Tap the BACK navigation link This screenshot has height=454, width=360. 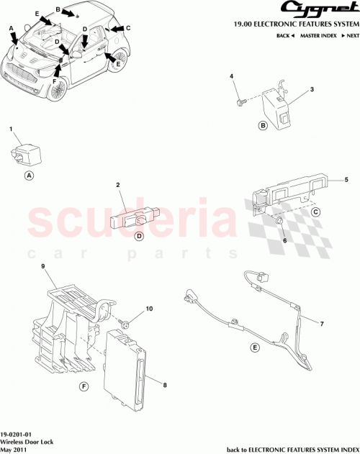click(x=286, y=35)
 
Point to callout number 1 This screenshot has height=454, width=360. click(x=12, y=129)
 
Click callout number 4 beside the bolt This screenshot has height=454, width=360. click(x=232, y=76)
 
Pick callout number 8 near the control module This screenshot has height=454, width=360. click(x=165, y=386)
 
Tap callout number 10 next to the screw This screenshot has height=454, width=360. click(x=150, y=309)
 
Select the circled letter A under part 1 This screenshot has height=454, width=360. click(x=29, y=176)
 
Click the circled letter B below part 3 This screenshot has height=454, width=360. click(x=263, y=126)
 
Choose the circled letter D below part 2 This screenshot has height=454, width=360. click(x=139, y=236)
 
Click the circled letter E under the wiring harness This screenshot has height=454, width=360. click(x=255, y=348)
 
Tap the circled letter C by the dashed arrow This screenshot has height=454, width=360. click(x=315, y=212)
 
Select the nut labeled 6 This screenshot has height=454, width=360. click(x=276, y=227)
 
